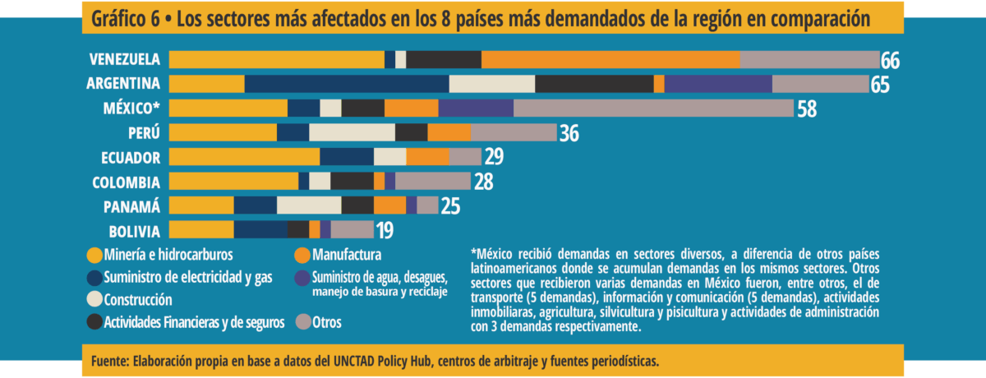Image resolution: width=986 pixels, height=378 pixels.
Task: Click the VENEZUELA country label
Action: [x=125, y=59]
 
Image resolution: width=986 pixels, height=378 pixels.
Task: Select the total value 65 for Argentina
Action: [x=880, y=85]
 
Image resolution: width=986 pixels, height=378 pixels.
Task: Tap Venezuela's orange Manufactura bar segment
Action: [x=610, y=59]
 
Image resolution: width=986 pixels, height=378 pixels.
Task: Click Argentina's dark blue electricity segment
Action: [x=347, y=84]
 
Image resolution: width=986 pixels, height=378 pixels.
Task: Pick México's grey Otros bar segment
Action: [x=653, y=108]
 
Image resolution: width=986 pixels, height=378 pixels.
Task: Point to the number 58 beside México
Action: [x=807, y=108]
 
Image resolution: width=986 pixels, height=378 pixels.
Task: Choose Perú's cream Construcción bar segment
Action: [x=352, y=132]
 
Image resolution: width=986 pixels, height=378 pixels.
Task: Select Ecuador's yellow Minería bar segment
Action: [x=244, y=156]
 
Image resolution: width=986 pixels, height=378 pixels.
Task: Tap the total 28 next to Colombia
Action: [x=484, y=182]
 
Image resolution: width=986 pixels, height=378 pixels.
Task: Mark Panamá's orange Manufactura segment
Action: [x=389, y=205]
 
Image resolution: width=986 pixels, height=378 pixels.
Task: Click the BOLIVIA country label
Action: [x=134, y=230]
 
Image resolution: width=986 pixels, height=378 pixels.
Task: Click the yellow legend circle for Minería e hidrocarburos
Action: [x=94, y=254]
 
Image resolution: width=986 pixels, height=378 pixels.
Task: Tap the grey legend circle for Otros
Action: [x=302, y=322]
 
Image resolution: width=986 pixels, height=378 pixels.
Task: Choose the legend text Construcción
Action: [x=138, y=299]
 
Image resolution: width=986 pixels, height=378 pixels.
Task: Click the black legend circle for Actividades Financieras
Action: [x=94, y=322]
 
